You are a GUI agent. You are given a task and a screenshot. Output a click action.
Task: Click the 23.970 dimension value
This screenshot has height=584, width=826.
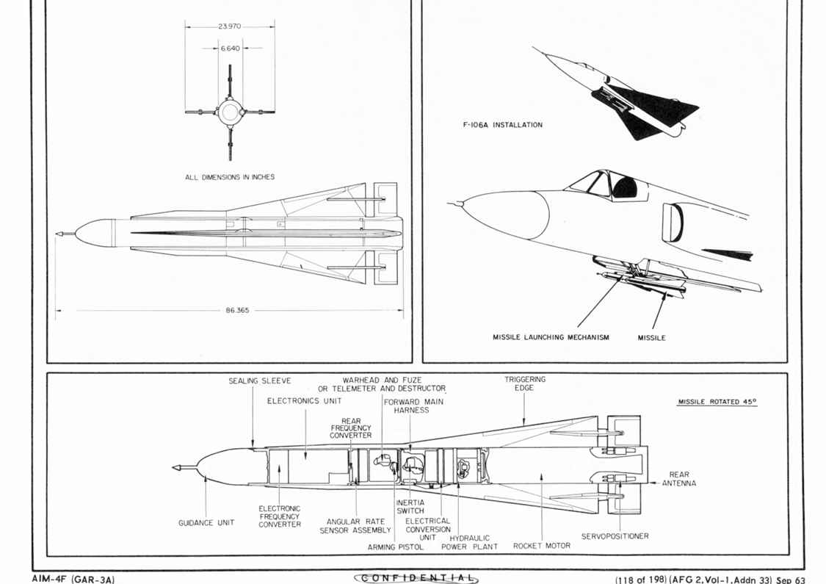230,26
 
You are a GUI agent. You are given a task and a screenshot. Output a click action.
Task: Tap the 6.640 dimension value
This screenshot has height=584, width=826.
231,48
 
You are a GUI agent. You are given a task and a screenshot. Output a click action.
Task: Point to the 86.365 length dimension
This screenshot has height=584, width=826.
238,311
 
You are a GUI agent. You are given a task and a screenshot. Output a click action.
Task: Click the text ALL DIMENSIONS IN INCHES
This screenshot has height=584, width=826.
230,177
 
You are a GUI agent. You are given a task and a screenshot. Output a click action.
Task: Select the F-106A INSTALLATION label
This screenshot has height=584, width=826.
502,125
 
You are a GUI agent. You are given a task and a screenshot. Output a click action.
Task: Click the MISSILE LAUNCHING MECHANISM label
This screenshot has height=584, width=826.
551,337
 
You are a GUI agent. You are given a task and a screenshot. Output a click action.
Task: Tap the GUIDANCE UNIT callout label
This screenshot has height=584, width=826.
206,523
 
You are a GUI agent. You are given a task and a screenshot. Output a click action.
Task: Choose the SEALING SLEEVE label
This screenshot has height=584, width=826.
260,381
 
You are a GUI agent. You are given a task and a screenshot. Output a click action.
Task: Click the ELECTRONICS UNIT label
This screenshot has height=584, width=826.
305,401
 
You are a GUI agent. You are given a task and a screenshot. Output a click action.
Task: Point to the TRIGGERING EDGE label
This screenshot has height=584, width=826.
525,383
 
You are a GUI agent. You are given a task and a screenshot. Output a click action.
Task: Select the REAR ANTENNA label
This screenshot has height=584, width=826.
679,479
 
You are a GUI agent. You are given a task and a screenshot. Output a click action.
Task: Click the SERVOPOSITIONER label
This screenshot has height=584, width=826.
615,536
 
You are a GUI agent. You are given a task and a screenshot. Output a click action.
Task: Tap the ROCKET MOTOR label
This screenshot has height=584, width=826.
542,546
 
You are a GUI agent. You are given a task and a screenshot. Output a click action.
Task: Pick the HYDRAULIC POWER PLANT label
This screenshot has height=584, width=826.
469,542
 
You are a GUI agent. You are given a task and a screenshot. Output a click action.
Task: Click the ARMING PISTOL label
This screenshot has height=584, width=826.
396,547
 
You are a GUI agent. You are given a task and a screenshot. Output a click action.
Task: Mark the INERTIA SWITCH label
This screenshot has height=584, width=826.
410,507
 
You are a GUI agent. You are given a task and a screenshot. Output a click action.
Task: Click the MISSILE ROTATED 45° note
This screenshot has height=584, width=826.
717,402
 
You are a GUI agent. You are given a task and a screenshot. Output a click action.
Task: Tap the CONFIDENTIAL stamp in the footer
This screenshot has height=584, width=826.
416,578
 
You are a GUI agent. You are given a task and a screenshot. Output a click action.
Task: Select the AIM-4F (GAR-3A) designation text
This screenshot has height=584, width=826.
73,580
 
